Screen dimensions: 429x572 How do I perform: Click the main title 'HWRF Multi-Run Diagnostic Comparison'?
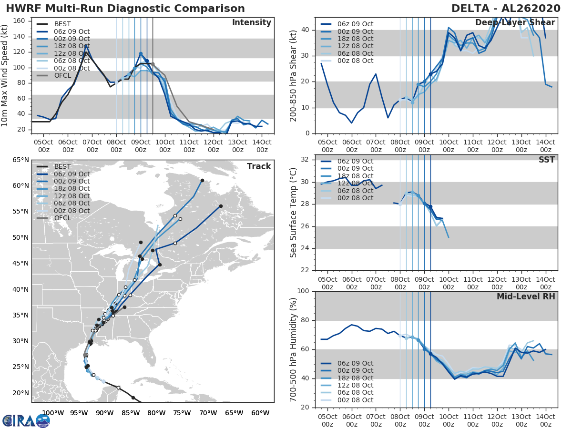click(125, 9)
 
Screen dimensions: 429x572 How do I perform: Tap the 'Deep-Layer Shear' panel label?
click(515, 23)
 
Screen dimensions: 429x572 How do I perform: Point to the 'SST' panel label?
click(547, 160)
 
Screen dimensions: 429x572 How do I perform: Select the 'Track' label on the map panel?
click(259, 166)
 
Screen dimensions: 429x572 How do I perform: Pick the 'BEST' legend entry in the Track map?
click(62, 166)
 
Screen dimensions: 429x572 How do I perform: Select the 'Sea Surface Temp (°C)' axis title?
click(294, 213)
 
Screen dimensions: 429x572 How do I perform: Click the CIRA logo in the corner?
click(26, 420)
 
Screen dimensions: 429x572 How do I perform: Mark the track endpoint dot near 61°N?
click(202, 181)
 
